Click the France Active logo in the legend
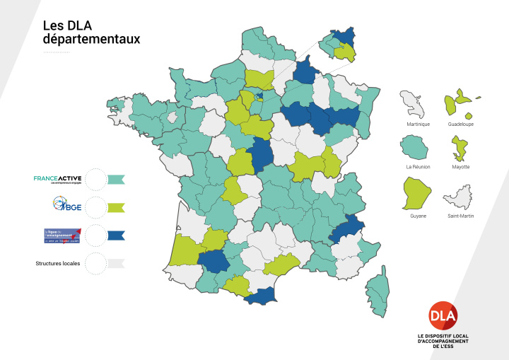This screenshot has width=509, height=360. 58,179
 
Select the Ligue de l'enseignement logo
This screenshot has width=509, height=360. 62,236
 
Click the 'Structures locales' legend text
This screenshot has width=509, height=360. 58,263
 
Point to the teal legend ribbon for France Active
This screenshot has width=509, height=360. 116,179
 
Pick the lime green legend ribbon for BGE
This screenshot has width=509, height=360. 116,207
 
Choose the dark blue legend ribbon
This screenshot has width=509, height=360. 116,236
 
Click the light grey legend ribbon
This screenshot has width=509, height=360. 116,263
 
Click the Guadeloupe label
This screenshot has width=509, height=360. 461,124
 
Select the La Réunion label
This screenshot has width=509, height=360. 418,167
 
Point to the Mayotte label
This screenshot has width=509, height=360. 460,167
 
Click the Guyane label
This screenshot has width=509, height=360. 418,216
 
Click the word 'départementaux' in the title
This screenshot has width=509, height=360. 91,40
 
